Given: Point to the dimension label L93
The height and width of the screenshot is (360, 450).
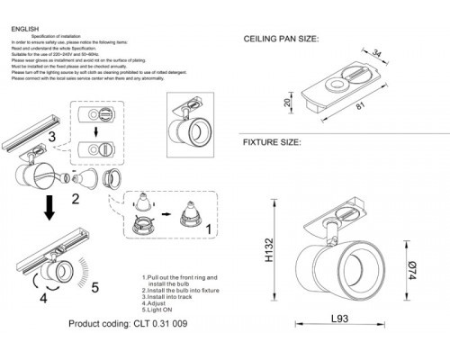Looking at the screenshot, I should [337, 319].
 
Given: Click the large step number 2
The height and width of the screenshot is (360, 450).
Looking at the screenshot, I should [76, 198].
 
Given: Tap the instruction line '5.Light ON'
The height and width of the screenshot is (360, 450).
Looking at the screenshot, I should [161, 310].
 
